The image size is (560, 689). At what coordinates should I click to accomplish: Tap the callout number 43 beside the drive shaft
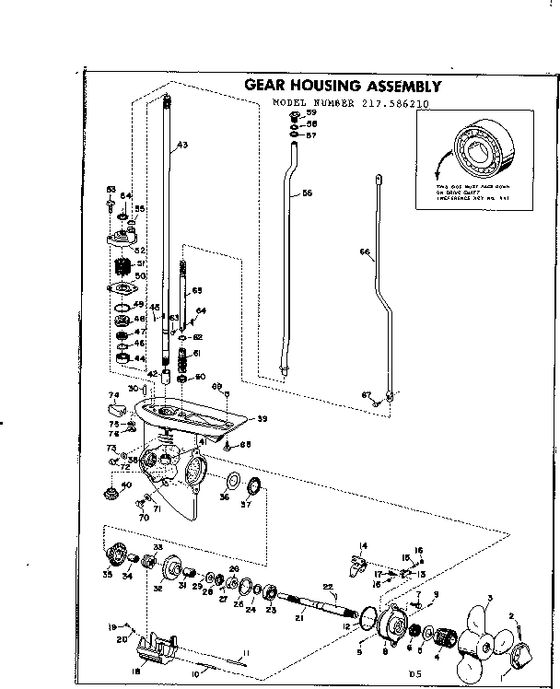tap(181, 146)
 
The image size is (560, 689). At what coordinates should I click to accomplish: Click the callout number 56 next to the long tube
tap(308, 194)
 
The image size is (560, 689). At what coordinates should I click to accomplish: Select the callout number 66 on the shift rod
tap(364, 251)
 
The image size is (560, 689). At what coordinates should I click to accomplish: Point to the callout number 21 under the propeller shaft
tap(297, 617)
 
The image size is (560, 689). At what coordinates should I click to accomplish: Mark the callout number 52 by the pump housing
tap(142, 250)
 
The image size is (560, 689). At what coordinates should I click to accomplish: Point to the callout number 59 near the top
tap(311, 111)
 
